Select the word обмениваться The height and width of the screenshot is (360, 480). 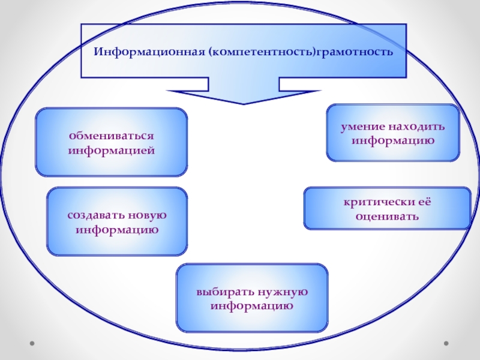[x=111, y=136]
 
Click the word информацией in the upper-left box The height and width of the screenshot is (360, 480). [x=111, y=149]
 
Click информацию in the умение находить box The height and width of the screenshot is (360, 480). [x=393, y=141]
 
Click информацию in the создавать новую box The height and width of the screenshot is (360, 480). [x=117, y=229]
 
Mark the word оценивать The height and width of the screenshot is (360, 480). [x=387, y=215]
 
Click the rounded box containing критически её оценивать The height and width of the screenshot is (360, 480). [x=387, y=208]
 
